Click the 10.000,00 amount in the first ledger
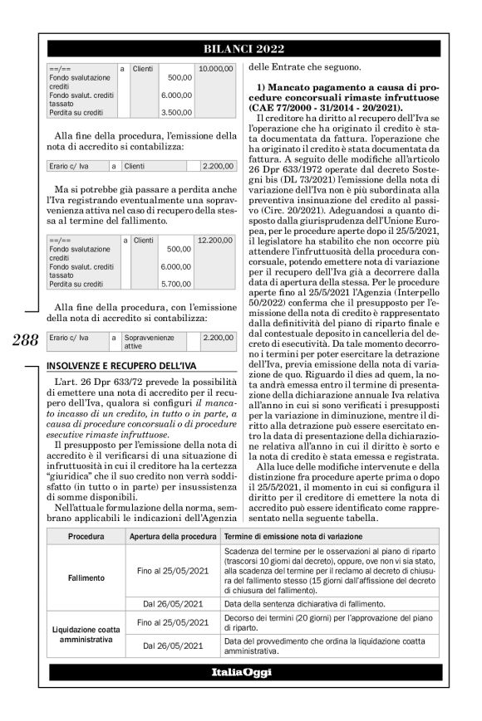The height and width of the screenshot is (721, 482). [211, 68]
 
